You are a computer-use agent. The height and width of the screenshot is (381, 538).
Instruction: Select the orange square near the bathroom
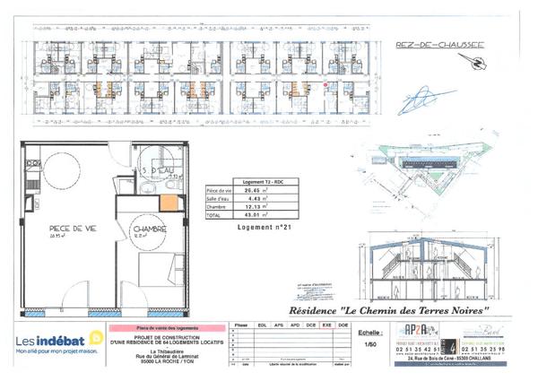tap(168, 202)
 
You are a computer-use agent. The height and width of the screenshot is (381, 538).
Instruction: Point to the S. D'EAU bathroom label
tap(159, 171)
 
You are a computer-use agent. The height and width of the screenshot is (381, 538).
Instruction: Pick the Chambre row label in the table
tap(219, 207)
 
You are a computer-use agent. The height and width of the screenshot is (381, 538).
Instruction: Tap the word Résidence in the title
tap(357, 309)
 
